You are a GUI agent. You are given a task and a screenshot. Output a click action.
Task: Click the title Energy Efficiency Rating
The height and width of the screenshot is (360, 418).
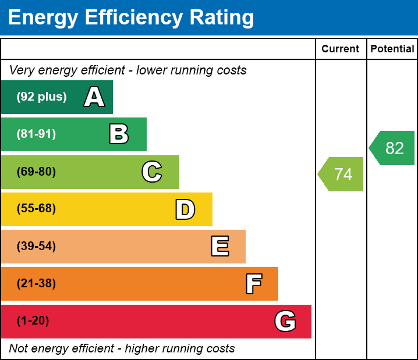point(131,18)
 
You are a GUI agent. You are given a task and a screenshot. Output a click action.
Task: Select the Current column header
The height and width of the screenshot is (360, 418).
point(341,49)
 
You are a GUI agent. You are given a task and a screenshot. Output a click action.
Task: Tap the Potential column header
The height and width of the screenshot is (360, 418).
point(392,49)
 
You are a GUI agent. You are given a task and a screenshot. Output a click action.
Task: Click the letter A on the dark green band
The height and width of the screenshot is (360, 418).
point(94,97)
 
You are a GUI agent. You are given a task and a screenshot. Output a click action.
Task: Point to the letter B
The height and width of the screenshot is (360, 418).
point(119,134)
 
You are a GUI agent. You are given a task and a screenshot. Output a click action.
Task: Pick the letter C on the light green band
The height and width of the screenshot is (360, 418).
point(152,172)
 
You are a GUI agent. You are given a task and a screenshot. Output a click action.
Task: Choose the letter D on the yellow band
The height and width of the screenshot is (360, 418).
point(185,209)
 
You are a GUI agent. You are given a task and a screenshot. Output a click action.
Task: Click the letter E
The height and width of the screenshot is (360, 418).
point(219,247)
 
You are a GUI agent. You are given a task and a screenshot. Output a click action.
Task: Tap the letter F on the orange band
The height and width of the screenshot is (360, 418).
point(253,284)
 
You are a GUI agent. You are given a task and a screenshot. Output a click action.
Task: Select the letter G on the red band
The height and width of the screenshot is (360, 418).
point(285,321)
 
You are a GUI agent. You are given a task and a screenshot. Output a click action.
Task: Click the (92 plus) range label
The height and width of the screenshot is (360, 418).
point(41,97)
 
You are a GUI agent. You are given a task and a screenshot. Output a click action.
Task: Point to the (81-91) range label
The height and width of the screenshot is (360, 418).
point(36,134)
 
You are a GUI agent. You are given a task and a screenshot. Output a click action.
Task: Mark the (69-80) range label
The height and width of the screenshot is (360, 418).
point(36,172)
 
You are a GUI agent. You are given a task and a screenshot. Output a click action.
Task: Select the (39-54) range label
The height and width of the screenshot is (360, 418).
point(36,247)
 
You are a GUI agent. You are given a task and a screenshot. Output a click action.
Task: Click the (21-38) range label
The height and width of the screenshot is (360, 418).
point(36,284)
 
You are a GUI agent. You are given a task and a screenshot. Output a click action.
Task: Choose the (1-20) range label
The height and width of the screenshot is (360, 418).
point(33,321)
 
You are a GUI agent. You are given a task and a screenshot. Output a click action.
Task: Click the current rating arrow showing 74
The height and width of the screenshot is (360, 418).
point(342,174)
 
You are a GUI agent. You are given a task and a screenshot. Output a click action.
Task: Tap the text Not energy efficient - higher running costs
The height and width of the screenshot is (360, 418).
point(122,349)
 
